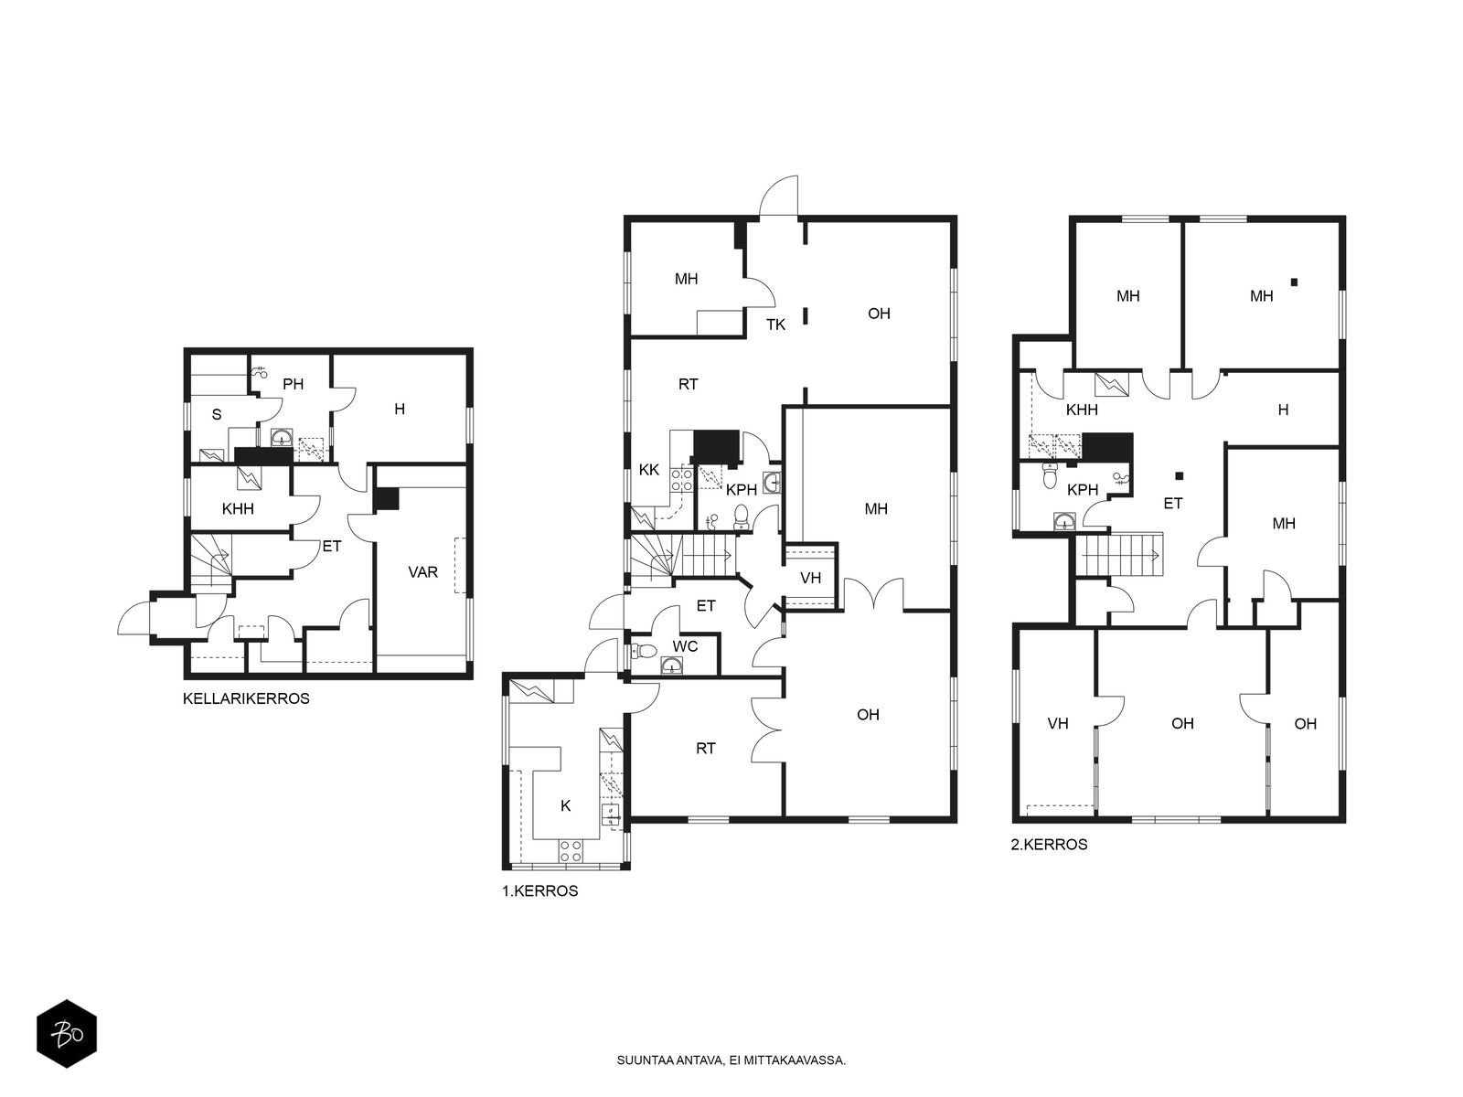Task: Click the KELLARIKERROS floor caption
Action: pos(246,698)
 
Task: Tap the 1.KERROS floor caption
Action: pos(539,891)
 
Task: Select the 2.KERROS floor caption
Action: pos(1049,845)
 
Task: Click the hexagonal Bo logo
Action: pos(67,1034)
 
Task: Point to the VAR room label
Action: pos(422,572)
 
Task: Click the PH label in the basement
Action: pos(294,384)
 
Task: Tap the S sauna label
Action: pos(217,415)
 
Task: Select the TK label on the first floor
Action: pos(775,325)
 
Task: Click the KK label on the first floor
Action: pos(648,470)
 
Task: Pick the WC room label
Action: pos(685,646)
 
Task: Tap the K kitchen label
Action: pos(566,806)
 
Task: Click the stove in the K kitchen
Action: pos(570,850)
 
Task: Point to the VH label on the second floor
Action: pos(1058,723)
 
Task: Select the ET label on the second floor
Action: pos(1173,504)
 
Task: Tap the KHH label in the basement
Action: pos(238,509)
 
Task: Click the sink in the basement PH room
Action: pos(282,437)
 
